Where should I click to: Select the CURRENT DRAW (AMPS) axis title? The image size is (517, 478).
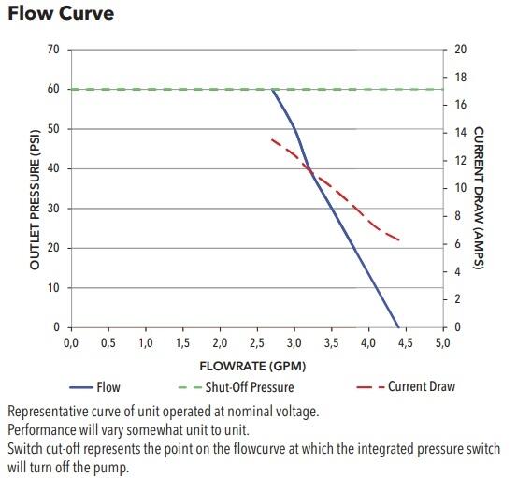478,198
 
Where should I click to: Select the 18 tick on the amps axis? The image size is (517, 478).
460,77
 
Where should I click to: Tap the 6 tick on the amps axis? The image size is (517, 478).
458,244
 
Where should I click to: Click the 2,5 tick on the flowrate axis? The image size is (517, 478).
257,343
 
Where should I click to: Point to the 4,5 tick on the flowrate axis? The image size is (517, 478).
405,343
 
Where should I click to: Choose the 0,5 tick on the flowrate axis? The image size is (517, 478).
108,343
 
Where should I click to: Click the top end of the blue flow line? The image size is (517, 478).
272,90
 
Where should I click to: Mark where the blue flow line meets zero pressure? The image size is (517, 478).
399,327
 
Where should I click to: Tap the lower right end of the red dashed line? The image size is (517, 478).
400,240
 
